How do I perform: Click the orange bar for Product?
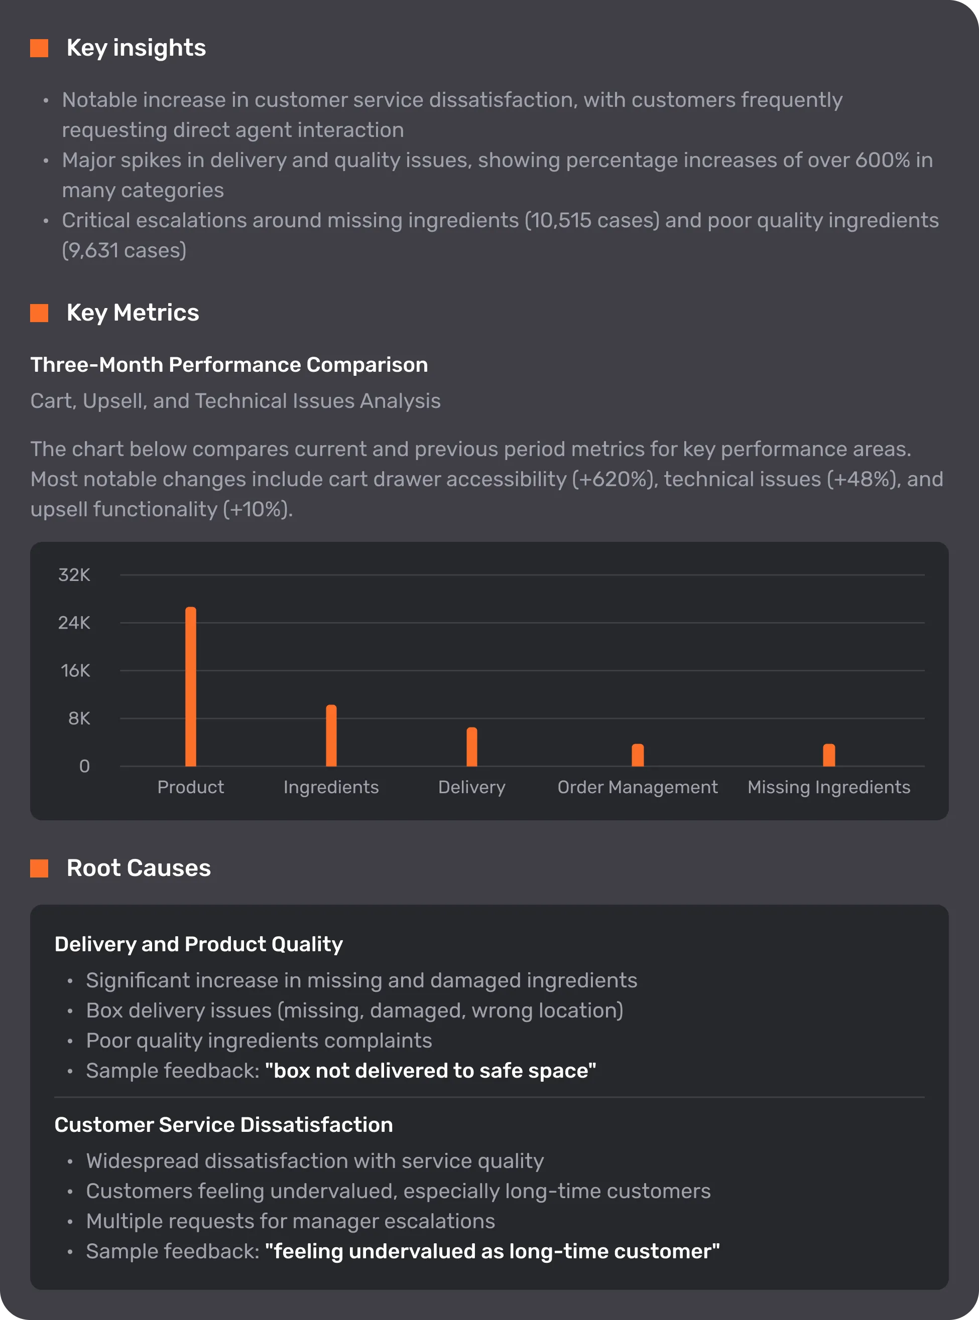pyautogui.click(x=191, y=686)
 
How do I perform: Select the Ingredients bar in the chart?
pyautogui.click(x=331, y=736)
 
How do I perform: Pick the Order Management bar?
pyautogui.click(x=638, y=755)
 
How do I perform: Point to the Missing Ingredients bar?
pyautogui.click(x=829, y=755)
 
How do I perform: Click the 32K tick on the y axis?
pyautogui.click(x=74, y=575)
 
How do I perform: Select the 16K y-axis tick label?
pyautogui.click(x=75, y=671)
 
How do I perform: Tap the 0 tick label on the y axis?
pyautogui.click(x=84, y=766)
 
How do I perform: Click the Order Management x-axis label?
pyautogui.click(x=638, y=787)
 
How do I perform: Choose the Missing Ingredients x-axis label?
pyautogui.click(x=829, y=787)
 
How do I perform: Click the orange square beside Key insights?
pyautogui.click(x=39, y=48)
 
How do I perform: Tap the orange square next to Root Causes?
pyautogui.click(x=39, y=868)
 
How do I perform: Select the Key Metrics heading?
pyautogui.click(x=133, y=313)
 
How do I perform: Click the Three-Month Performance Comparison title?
pyautogui.click(x=229, y=365)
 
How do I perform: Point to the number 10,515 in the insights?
pyautogui.click(x=560, y=220)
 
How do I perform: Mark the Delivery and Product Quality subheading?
pyautogui.click(x=198, y=944)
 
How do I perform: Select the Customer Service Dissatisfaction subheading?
pyautogui.click(x=223, y=1124)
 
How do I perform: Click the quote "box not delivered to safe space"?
pyautogui.click(x=430, y=1071)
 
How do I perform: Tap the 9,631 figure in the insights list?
pyautogui.click(x=94, y=250)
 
